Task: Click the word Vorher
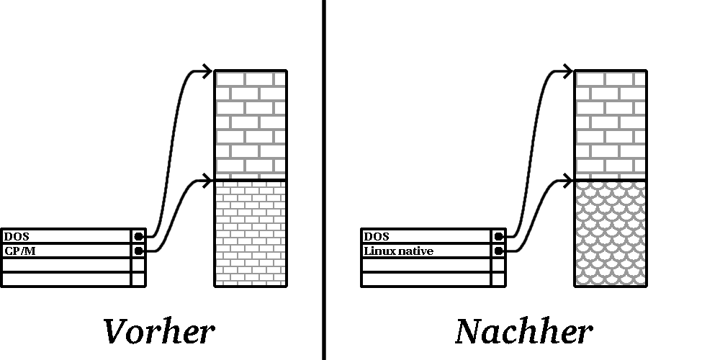(159, 331)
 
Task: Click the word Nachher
(524, 331)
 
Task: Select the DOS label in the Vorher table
(17, 236)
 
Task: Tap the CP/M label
(19, 251)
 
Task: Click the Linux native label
(399, 251)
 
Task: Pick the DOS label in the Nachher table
(377, 236)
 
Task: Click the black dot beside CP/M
(139, 251)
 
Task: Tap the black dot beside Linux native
(499, 251)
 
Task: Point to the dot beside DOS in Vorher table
(139, 236)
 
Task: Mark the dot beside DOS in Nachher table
(499, 236)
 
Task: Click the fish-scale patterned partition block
(611, 233)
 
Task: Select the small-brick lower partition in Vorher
(251, 233)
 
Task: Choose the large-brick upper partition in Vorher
(251, 125)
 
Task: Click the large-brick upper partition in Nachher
(611, 125)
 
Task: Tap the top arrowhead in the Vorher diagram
(207, 71)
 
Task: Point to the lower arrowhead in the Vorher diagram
(207, 181)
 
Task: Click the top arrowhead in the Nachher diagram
(567, 71)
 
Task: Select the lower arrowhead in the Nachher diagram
(567, 181)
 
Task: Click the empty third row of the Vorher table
(73, 265)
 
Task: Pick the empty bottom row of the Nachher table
(433, 279)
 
